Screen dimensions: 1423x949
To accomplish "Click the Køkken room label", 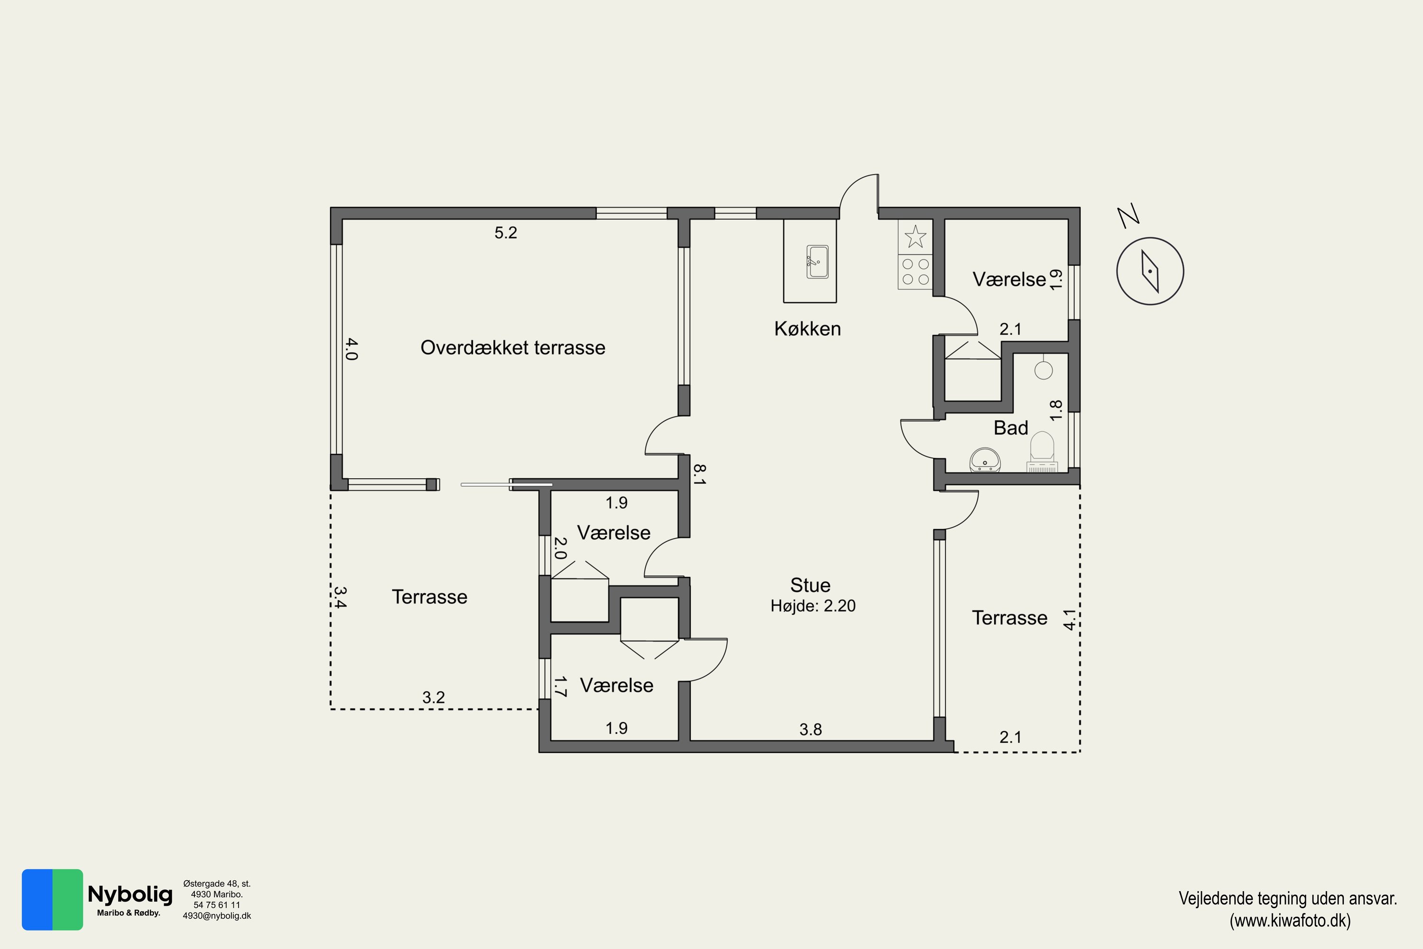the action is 807,329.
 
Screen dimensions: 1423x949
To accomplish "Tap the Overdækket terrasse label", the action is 512,347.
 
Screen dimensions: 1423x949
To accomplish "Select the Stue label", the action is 810,585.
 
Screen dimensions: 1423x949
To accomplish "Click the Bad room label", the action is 1010,428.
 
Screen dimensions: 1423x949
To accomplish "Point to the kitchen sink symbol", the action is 817,261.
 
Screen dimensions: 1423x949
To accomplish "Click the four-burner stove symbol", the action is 915,272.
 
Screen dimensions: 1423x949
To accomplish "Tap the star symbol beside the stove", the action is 915,237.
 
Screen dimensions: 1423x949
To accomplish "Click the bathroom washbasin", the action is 985,460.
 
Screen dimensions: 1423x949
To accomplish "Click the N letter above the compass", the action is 1128,216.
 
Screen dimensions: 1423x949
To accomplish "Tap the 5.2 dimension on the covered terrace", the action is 506,233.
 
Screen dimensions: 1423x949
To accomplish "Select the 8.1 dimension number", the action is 699,474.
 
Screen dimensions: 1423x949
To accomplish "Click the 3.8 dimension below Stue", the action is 811,729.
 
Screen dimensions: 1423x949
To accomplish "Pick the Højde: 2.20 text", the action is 813,606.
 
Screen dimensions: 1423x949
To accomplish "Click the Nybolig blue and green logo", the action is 53,899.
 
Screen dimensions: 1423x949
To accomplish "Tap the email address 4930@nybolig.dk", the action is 217,916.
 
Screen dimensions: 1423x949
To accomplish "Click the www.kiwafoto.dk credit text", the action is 1289,921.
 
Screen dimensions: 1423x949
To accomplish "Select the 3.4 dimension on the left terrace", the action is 340,597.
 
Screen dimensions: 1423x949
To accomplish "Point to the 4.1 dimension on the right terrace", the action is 1070,620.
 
